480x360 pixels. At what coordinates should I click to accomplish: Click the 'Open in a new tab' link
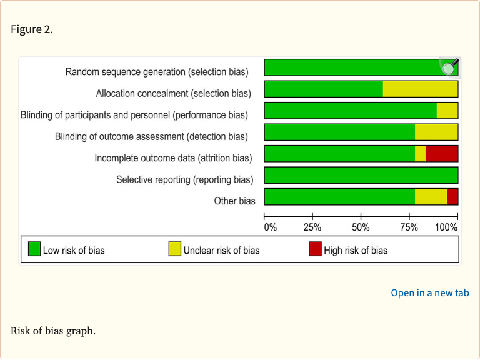429,292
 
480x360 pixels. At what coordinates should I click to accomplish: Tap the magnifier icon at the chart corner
449,67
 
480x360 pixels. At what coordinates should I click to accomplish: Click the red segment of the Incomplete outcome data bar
441,154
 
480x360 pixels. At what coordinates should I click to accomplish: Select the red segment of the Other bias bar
452,197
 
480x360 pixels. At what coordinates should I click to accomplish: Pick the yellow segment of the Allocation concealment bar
420,89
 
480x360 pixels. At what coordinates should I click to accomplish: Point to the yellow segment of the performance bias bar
447,111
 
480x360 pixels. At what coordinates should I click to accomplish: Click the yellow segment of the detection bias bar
436,132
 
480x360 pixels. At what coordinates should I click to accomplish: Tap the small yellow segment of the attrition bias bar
420,154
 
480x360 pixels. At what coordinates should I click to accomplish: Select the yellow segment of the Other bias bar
431,197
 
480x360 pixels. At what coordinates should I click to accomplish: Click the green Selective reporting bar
361,175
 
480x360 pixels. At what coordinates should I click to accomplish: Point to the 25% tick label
312,227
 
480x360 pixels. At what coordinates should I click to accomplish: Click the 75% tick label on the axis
409,227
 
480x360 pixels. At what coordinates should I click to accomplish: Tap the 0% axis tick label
270,227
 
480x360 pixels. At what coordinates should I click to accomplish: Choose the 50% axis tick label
361,227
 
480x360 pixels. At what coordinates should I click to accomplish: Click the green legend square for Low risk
34,250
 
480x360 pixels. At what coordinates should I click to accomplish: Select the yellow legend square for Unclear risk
175,250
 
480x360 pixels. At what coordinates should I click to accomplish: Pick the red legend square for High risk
315,250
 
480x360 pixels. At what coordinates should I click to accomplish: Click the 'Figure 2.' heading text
32,30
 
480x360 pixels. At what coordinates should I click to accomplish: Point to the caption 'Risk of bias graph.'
53,331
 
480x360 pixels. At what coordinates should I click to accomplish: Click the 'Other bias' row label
234,201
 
